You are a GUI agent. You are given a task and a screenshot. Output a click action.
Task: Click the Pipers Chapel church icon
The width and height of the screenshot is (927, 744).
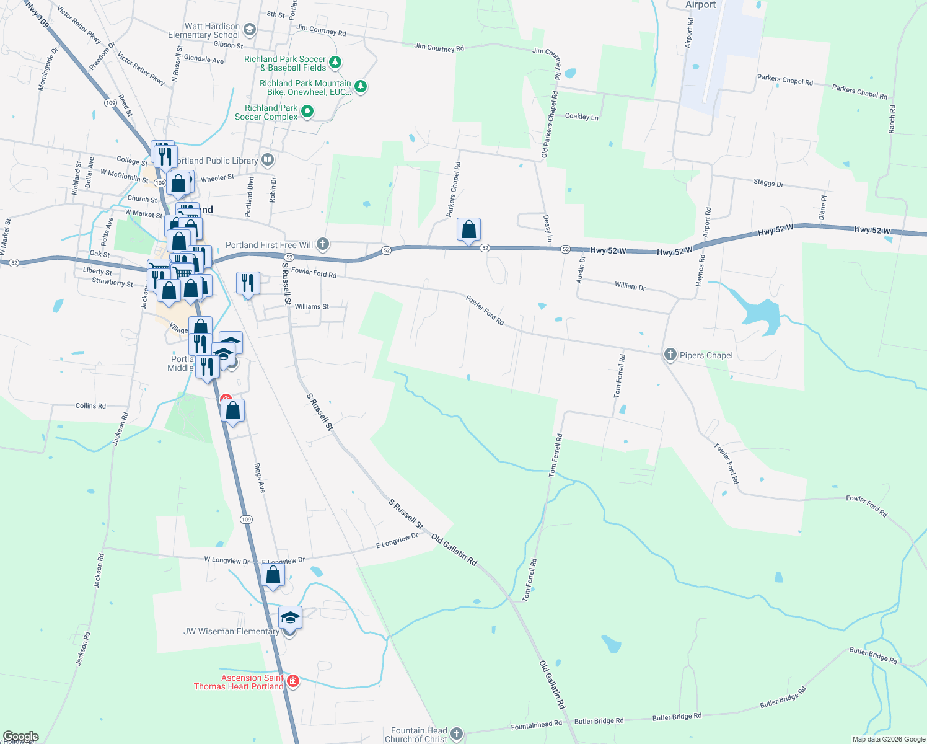pos(670,355)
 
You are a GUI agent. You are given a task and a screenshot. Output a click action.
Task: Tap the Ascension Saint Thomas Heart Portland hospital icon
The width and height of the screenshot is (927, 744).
pos(293,681)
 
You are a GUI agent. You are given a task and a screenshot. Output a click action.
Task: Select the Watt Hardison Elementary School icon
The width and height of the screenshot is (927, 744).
pos(250,30)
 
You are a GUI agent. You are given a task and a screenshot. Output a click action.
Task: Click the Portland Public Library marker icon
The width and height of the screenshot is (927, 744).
pos(268,160)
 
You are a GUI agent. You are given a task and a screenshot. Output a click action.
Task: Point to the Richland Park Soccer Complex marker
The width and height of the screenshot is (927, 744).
pos(307,112)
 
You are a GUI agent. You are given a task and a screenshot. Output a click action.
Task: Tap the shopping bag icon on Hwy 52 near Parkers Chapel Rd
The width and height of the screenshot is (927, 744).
pos(469,230)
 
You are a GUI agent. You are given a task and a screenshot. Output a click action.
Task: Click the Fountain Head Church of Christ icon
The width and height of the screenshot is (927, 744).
pos(457,734)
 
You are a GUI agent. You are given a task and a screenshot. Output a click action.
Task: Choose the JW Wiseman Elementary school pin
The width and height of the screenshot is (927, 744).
pos(290,618)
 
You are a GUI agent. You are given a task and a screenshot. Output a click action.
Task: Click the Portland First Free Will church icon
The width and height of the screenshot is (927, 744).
pos(322,244)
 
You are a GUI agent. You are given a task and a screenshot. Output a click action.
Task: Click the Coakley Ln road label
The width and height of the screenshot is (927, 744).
pos(581,117)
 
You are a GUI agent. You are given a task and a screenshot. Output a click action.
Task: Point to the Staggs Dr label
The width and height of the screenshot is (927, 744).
pos(768,183)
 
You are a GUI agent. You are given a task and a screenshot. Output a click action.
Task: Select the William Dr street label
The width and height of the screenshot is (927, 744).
pos(630,286)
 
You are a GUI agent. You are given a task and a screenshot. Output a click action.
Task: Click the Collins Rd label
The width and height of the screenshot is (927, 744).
pos(90,406)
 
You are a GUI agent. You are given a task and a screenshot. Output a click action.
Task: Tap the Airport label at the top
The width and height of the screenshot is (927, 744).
pos(700,5)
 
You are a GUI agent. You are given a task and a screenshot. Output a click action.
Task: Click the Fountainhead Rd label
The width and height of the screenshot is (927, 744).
pos(536,725)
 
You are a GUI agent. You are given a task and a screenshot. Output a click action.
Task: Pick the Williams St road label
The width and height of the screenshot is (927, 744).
pos(312,306)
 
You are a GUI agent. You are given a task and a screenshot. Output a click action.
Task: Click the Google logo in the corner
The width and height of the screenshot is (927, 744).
pos(20,737)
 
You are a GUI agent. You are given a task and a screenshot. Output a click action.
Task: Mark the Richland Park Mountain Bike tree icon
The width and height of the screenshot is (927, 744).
pos(361,87)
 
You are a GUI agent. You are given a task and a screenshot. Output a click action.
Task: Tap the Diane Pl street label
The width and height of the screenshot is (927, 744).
pos(822,208)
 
